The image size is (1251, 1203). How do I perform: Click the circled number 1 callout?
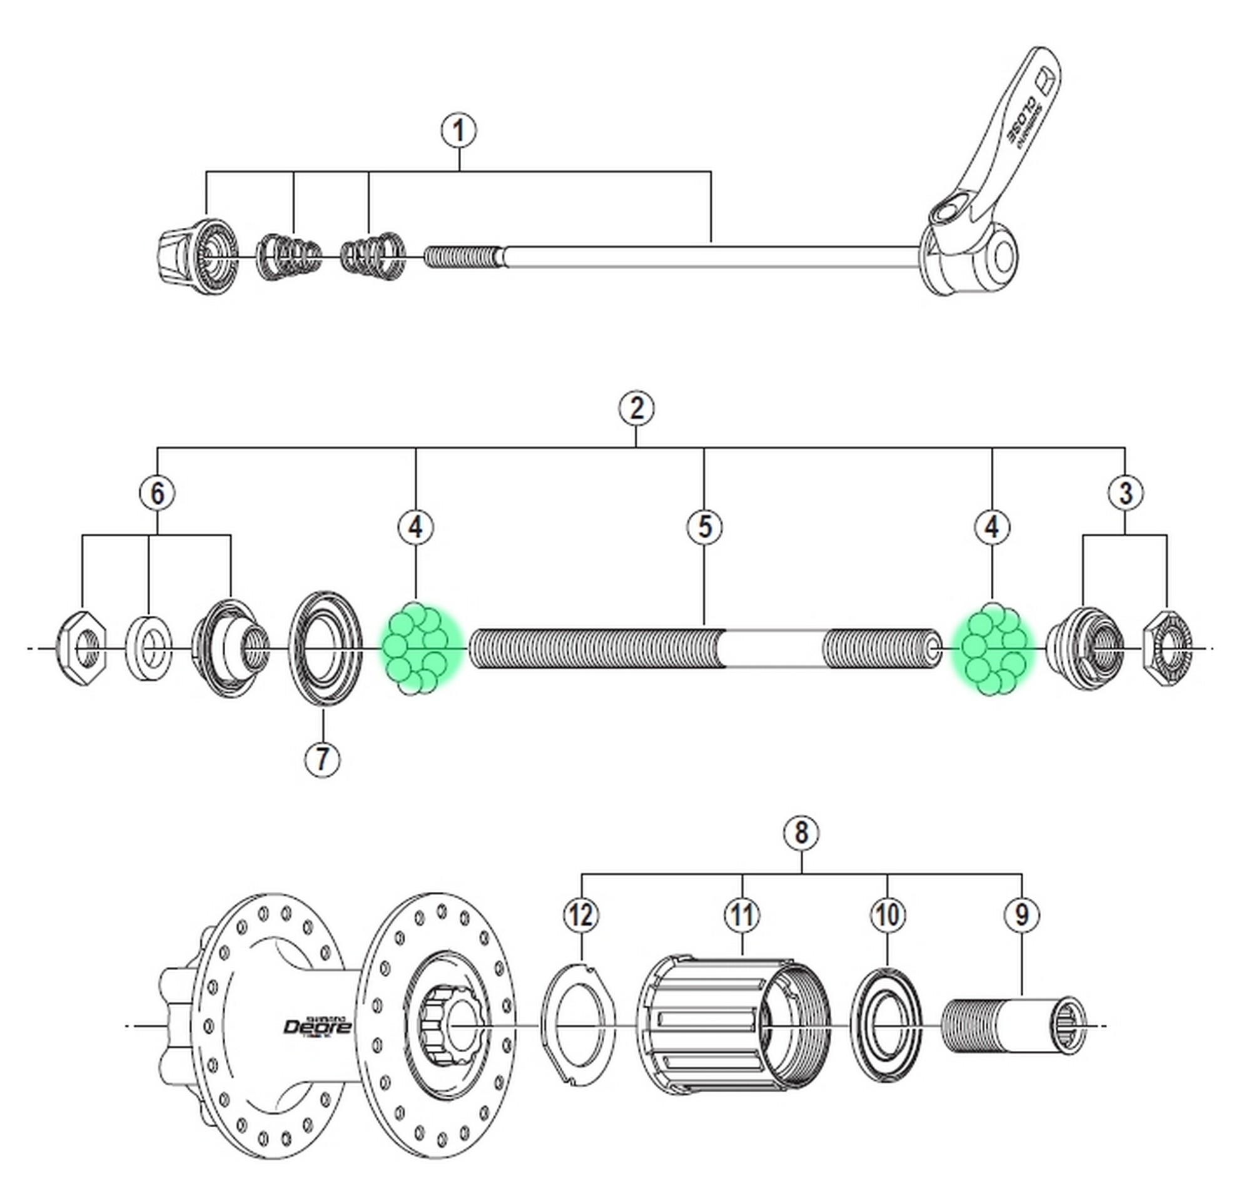point(458,131)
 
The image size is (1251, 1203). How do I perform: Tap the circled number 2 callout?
point(636,408)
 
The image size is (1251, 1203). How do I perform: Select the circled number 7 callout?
point(322,759)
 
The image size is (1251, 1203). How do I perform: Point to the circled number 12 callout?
point(581,916)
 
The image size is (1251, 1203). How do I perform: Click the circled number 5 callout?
point(704,528)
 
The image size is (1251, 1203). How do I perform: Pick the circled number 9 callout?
point(1022,916)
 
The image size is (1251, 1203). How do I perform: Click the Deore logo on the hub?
point(317,1026)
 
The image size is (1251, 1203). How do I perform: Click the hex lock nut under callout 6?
point(83,648)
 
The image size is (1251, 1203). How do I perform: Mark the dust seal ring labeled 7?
point(325,648)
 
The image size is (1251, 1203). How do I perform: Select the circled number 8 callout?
point(802,832)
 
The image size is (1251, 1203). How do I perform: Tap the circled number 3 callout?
point(1125,493)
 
